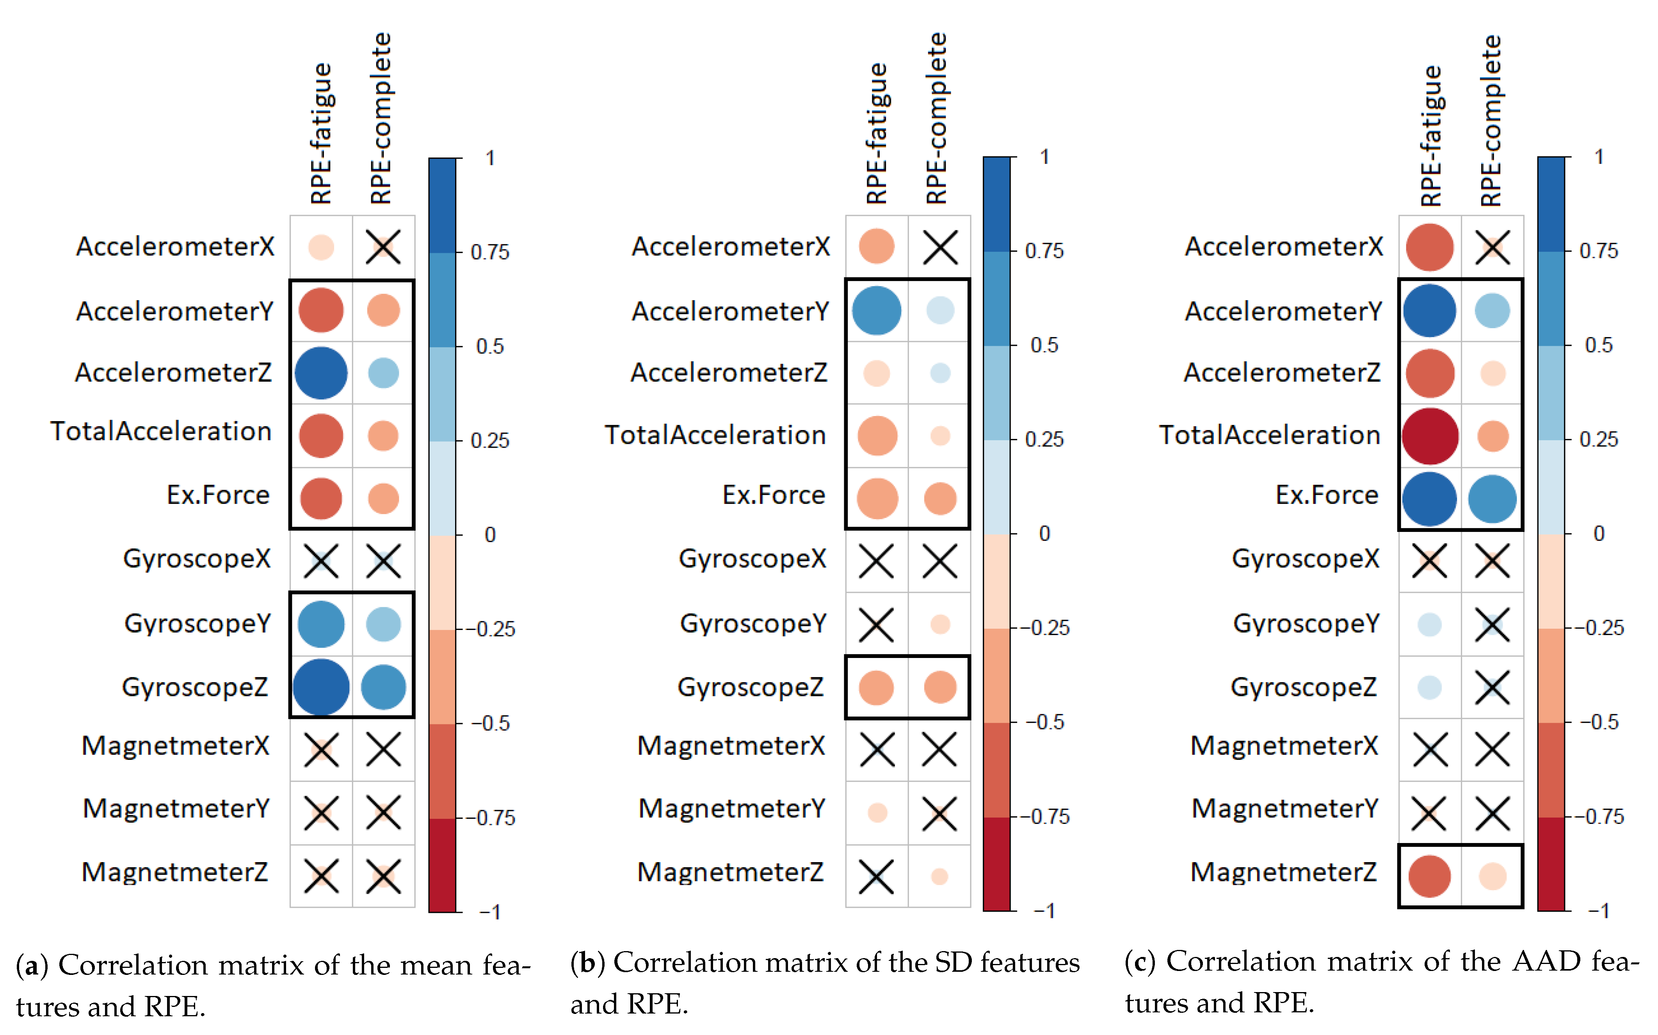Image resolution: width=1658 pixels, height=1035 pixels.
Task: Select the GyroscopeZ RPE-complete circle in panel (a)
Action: [383, 687]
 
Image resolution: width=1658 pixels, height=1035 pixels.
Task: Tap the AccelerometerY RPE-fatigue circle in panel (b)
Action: [876, 311]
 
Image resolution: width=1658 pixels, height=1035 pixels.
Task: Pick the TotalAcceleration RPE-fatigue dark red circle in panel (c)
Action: [1429, 436]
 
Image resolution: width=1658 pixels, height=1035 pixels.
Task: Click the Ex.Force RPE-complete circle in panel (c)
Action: [1493, 498]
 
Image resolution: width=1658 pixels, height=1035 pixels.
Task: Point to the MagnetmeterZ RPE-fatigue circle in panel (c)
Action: [1429, 875]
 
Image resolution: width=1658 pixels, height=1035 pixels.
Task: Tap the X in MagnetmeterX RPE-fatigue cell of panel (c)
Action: [1429, 750]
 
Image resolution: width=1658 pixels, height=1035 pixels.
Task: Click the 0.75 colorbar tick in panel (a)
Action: [490, 253]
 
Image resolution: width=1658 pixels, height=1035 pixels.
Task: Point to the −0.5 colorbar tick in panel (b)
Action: [1044, 722]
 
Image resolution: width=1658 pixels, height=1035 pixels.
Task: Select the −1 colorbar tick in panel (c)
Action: [1598, 911]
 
